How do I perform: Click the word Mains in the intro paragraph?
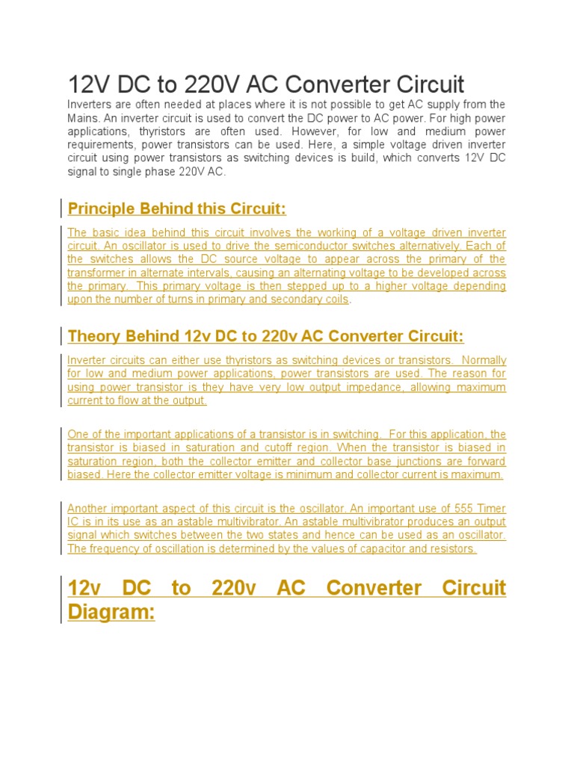(x=83, y=118)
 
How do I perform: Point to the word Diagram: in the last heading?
(x=111, y=613)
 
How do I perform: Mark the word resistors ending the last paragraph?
(x=453, y=548)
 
